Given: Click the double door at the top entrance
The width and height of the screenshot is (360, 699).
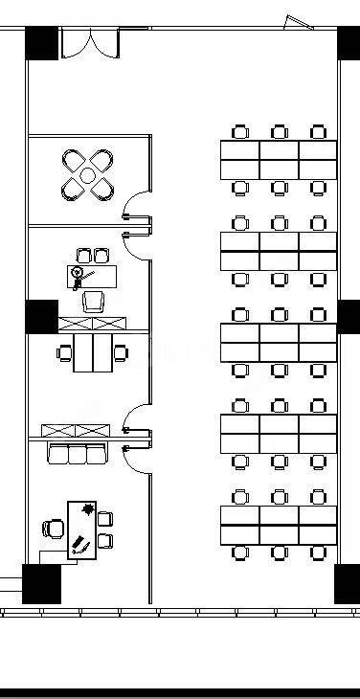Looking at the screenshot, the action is pos(90,44).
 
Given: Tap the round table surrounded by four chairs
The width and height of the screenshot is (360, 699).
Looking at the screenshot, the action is pos(88,175).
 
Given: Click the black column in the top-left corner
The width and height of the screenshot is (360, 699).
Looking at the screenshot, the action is pos(42,44).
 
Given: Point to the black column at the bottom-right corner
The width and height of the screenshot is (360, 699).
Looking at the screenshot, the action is pos(346,583).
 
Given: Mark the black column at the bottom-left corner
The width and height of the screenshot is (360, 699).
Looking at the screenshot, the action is pos(41,583).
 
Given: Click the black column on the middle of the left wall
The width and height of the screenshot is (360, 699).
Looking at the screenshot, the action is pos(41,316).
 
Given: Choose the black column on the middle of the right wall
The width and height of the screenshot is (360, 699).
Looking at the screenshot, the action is pos(349,316).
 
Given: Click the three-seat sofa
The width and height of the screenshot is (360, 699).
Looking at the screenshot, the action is pos(77,453).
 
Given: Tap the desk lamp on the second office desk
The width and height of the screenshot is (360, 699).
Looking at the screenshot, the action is pos(78,274).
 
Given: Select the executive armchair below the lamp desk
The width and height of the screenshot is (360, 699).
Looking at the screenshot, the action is pos(94,302).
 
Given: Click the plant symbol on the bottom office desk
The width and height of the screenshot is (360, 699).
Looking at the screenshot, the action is pos(88,508).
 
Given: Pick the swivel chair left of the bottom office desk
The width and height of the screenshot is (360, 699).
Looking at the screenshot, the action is pos(54,527).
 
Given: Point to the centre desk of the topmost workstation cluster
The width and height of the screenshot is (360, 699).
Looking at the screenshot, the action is pos(279,160).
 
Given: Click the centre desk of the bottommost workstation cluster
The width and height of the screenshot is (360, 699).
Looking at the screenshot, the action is pos(279,526).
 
